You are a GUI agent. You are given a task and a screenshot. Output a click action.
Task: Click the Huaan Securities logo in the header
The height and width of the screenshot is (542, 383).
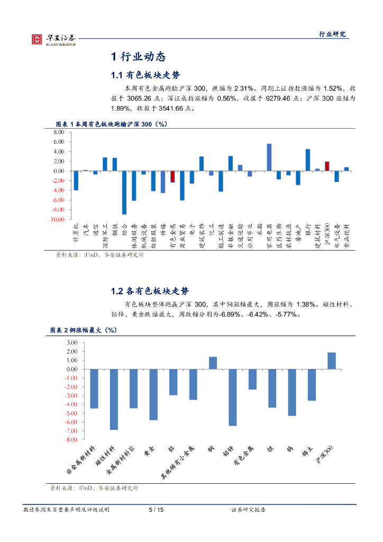(x=53, y=39)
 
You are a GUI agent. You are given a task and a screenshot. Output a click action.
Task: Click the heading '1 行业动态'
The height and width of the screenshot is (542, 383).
(x=138, y=57)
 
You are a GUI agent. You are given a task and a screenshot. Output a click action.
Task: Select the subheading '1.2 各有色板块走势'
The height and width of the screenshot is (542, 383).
(x=149, y=291)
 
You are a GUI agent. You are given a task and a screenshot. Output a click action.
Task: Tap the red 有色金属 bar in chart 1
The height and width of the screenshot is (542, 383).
(x=172, y=177)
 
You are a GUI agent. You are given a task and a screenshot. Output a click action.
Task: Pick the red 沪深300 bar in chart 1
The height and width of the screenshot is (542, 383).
(x=327, y=166)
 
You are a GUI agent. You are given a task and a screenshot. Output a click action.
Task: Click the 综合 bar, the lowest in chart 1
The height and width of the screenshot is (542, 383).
(x=124, y=192)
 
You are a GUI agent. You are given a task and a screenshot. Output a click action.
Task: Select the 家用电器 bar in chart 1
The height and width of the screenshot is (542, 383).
(x=269, y=157)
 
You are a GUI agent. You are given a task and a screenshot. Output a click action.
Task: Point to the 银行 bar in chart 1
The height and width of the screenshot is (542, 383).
(x=308, y=160)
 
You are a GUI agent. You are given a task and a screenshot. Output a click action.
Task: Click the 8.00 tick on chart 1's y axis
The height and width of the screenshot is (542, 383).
(x=58, y=132)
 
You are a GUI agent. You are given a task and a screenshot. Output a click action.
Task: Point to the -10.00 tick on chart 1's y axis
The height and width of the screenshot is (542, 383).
(x=57, y=219)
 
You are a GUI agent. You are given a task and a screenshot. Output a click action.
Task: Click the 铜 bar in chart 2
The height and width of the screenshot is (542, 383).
(x=213, y=363)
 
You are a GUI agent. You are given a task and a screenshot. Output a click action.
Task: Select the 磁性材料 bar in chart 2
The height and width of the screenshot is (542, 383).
(x=114, y=399)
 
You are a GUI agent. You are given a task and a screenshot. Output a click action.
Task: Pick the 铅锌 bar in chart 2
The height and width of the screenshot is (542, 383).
(x=233, y=397)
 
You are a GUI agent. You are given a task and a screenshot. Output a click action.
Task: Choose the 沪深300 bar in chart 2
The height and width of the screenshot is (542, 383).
(x=332, y=361)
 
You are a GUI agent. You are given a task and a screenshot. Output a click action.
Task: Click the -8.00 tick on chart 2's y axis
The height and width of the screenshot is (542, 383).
(x=70, y=440)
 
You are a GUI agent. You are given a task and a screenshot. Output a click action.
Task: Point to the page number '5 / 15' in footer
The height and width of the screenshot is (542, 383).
(x=156, y=510)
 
